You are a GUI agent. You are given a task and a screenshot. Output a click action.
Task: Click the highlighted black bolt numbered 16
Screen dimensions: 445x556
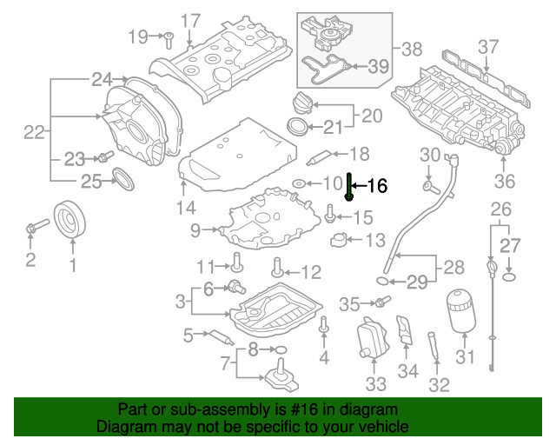pyautogui.click(x=348, y=186)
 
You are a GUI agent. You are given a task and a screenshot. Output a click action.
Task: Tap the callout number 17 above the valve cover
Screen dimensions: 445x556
pyautogui.click(x=189, y=20)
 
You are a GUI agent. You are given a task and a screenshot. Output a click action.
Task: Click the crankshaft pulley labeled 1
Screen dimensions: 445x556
pyautogui.click(x=70, y=220)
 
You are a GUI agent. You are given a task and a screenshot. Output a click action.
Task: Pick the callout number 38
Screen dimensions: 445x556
pyautogui.click(x=411, y=50)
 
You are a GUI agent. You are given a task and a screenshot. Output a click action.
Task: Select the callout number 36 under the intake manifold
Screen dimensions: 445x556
pyautogui.click(x=504, y=181)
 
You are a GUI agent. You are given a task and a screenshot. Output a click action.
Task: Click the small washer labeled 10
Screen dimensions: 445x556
pyautogui.click(x=299, y=183)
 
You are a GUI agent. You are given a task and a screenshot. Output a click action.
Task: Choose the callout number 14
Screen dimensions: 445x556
pyautogui.click(x=185, y=207)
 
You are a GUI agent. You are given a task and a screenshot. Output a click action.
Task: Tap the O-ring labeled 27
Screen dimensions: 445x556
pyautogui.click(x=509, y=276)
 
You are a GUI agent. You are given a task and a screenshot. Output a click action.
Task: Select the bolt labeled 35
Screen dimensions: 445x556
pyautogui.click(x=382, y=302)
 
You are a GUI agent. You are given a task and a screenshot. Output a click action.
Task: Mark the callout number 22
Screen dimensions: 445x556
pyautogui.click(x=34, y=132)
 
